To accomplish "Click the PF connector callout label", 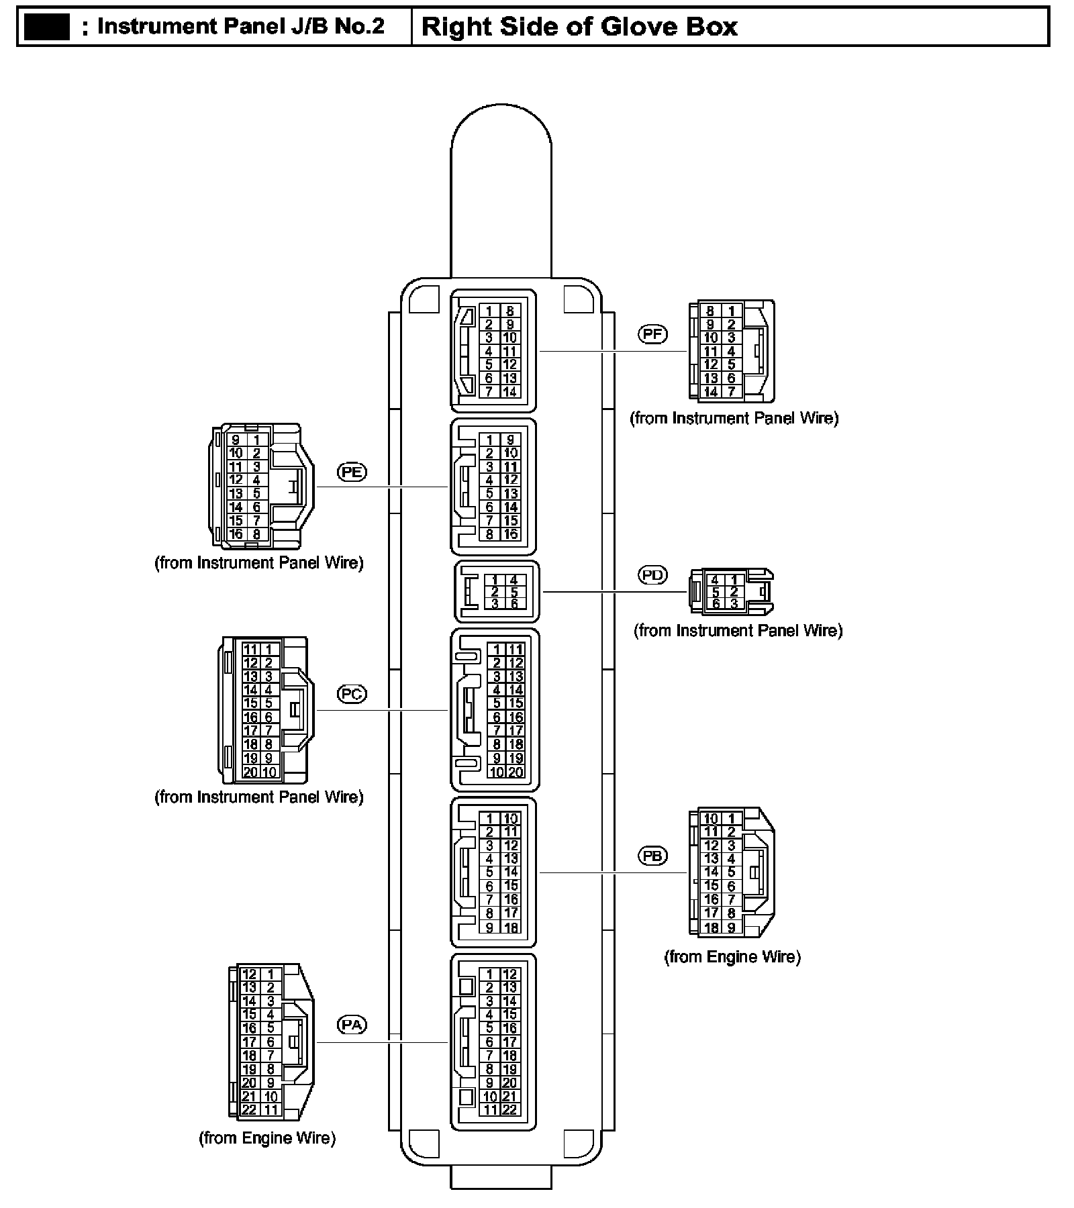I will pos(652,334).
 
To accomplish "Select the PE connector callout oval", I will pos(352,472).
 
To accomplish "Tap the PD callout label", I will pos(652,575).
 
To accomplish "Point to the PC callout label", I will pos(352,693).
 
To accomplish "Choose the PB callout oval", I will pos(652,856).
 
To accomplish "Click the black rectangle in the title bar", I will pos(47,27).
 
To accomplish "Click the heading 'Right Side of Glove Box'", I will pos(579,27).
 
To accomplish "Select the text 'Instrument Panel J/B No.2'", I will pos(241,27).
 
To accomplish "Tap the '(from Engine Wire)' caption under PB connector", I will pos(732,956).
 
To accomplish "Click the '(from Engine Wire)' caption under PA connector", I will pos(267,1138).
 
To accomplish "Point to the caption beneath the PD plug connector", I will pos(738,630).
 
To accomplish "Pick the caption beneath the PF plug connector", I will pos(734,418).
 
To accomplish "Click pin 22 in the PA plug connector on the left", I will pos(249,1109).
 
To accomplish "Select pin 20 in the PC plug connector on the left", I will pos(250,772).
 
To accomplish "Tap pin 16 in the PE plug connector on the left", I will pos(236,534).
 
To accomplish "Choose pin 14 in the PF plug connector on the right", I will pos(710,391).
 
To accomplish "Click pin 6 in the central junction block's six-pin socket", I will pos(514,603).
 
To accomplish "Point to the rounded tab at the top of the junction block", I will pos(501,188).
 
